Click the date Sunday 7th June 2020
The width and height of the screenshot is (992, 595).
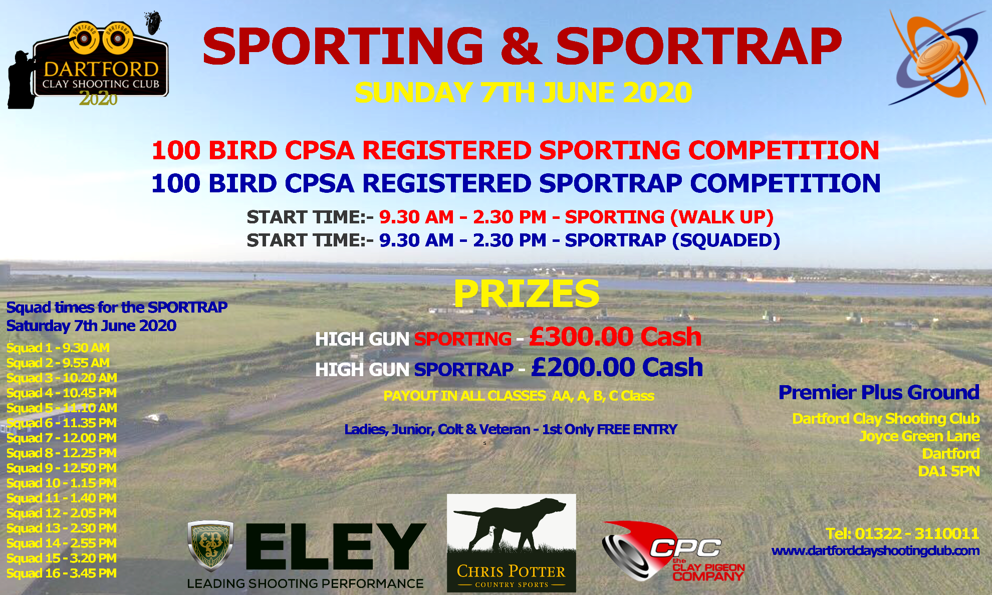click(x=524, y=93)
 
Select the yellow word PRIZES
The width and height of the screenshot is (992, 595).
click(x=527, y=293)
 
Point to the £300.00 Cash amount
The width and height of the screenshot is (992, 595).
click(x=615, y=336)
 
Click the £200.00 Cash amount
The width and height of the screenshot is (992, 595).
click(x=617, y=367)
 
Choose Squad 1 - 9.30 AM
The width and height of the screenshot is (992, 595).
click(x=58, y=348)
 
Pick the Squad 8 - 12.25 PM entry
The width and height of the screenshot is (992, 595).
click(x=62, y=453)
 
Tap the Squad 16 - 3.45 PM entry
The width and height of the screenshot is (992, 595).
click(x=62, y=573)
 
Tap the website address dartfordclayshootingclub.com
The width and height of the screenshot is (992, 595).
click(x=875, y=551)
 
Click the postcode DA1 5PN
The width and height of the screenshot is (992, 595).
click(x=949, y=471)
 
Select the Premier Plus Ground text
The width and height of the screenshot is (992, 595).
click(x=879, y=392)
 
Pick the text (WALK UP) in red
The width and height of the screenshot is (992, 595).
click(x=722, y=217)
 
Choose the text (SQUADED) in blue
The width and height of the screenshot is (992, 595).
click(x=726, y=240)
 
